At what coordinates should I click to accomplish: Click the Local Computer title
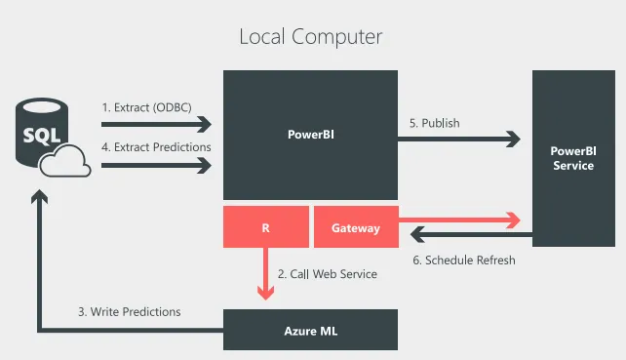[x=311, y=37]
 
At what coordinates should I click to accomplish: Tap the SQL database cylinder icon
[x=42, y=132]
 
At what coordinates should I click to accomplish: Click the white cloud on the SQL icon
[x=65, y=161]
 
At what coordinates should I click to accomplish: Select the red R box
[x=266, y=227]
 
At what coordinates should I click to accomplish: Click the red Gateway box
[x=356, y=227]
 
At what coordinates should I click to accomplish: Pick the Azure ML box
[x=310, y=330]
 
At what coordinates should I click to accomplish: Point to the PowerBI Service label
[x=573, y=158]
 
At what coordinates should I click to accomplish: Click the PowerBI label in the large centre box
[x=311, y=135]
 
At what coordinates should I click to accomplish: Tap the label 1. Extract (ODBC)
[x=146, y=107]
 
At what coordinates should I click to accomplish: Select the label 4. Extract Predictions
[x=156, y=147]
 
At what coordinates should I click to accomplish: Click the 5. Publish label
[x=434, y=123]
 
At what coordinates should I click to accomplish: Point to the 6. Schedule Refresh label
[x=464, y=260]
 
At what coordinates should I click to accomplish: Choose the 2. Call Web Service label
[x=328, y=274]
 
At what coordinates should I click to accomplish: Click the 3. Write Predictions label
[x=130, y=311]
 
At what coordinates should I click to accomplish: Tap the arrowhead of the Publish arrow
[x=513, y=140]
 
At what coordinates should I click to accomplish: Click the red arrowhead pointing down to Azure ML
[x=265, y=293]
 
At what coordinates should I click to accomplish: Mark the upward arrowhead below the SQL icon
[x=40, y=196]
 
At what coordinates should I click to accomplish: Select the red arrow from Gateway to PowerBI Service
[x=459, y=220]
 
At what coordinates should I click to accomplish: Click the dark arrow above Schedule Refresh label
[x=471, y=234]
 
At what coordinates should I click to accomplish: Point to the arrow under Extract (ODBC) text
[x=156, y=124]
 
